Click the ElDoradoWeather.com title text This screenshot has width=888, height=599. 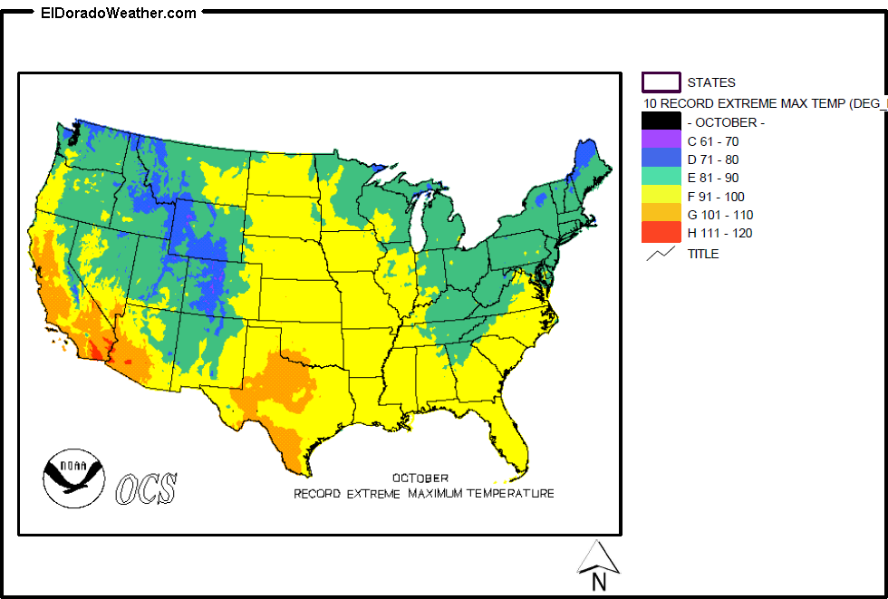coord(118,13)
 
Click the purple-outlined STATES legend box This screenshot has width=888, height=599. coord(661,82)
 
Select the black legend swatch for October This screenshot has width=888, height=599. coord(661,121)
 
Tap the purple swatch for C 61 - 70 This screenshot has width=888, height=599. coord(661,140)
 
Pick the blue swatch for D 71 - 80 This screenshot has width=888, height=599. coord(661,159)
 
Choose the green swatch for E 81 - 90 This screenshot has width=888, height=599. coord(661,178)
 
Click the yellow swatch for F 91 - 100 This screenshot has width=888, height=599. coord(661,196)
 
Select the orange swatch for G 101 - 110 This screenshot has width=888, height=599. coord(661,215)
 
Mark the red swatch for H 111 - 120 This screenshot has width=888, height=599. coord(661,233)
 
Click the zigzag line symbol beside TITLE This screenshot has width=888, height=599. coord(661,254)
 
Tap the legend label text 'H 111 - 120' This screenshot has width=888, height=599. coord(719,233)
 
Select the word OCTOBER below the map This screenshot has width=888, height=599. coord(420,478)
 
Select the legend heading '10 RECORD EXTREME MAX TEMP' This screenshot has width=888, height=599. coord(761,103)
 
